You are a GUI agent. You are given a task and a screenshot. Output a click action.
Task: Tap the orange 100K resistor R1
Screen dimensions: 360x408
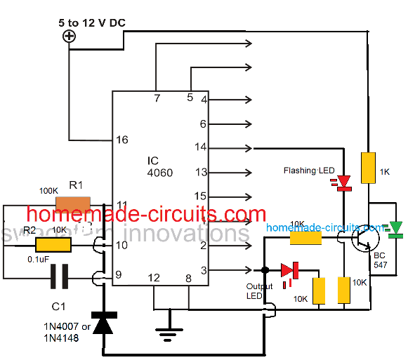[73, 205]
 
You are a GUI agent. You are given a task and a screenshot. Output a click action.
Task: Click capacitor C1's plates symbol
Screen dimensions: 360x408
[60, 279]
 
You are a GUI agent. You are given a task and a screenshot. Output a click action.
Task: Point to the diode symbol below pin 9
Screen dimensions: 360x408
[103, 324]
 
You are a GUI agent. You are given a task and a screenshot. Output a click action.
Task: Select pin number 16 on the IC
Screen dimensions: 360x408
[122, 140]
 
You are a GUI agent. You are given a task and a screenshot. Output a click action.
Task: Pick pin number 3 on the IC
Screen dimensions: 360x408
[203, 269]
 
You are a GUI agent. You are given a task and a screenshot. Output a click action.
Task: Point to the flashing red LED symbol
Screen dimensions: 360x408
[343, 183]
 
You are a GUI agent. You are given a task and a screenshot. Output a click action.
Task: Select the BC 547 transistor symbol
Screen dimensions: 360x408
[362, 241]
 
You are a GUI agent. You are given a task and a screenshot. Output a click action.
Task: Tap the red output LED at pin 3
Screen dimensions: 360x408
[289, 270]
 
